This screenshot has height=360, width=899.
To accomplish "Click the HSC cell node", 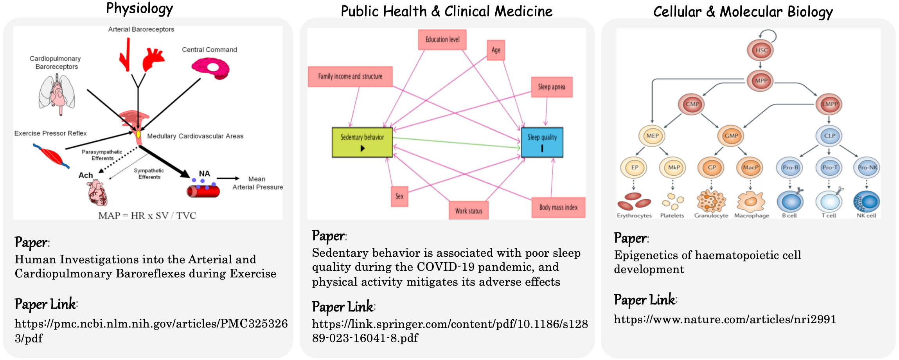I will click(761, 50).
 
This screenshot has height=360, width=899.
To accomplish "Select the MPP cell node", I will click(761, 81).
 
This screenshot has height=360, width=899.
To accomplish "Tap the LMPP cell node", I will click(829, 104).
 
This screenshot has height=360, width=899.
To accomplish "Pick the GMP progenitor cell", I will click(731, 136).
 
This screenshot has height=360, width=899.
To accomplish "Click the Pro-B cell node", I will click(789, 167).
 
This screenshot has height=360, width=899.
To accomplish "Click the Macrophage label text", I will click(752, 216).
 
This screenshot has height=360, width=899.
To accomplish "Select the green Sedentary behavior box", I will click(362, 142).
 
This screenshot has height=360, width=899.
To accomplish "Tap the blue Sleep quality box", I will click(542, 142).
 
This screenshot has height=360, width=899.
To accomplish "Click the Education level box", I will click(442, 40).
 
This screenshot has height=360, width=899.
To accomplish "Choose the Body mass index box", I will click(558, 207).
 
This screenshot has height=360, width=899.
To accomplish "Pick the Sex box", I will click(399, 196).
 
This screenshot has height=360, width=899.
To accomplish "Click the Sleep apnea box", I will click(552, 87).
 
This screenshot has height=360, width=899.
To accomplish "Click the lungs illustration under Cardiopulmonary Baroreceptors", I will click(57, 94).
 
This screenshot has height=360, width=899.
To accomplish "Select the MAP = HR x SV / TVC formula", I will click(147, 216).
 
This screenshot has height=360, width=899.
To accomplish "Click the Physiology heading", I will click(140, 9).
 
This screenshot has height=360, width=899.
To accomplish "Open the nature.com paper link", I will click(725, 320).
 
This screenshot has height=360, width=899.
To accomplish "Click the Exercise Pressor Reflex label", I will click(50, 133).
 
